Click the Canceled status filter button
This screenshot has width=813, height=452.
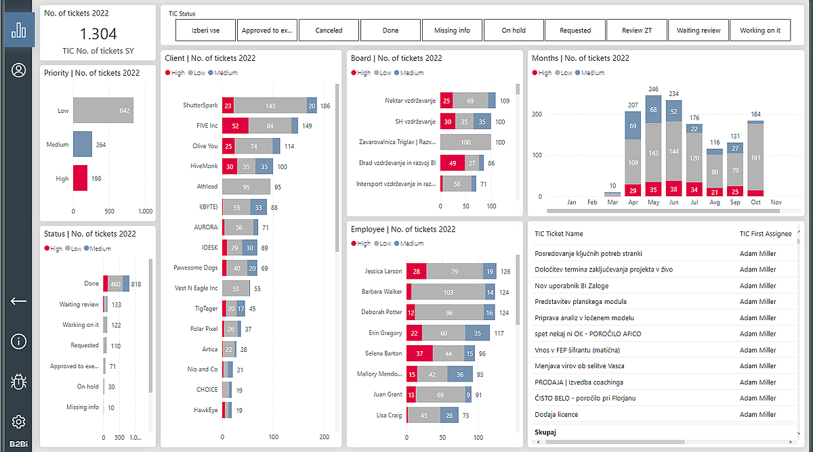coord(329,30)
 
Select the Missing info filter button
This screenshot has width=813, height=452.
coord(452,30)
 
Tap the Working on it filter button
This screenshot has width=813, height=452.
coord(759,30)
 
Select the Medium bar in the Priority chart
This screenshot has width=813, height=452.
coord(83,144)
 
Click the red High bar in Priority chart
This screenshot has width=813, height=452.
coord(81,179)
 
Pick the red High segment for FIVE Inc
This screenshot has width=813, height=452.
coord(235,126)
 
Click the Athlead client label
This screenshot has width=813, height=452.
coord(207,187)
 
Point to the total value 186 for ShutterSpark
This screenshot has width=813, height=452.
coord(325,106)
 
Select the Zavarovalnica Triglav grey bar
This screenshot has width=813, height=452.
coord(465,142)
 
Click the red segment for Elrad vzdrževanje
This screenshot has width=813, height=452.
coord(452,163)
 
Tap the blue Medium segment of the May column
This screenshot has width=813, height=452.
coord(653,110)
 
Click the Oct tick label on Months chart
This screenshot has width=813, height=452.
coord(755,202)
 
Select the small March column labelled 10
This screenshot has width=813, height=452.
coord(612,194)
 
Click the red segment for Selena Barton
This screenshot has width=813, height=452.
coord(419,353)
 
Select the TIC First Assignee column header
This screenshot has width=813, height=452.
coord(766,234)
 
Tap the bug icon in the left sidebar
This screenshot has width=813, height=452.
coord(18,382)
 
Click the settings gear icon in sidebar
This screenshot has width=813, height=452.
coord(18,422)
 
